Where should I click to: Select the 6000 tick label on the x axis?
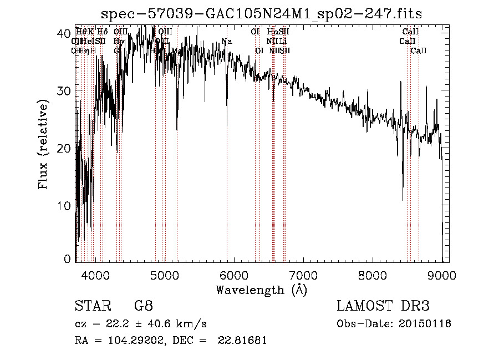(234, 274)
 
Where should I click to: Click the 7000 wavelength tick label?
(303, 274)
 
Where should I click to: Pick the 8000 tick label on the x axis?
(373, 274)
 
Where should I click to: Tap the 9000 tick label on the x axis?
(442, 274)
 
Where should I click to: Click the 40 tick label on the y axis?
(64, 33)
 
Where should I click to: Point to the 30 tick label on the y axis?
(64, 91)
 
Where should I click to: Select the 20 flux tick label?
(64, 149)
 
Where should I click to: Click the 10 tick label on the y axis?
(64, 206)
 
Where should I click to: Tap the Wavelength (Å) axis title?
(261, 290)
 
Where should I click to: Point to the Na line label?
(226, 42)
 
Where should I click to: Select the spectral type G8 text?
(143, 306)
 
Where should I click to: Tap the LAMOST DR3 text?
(383, 306)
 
